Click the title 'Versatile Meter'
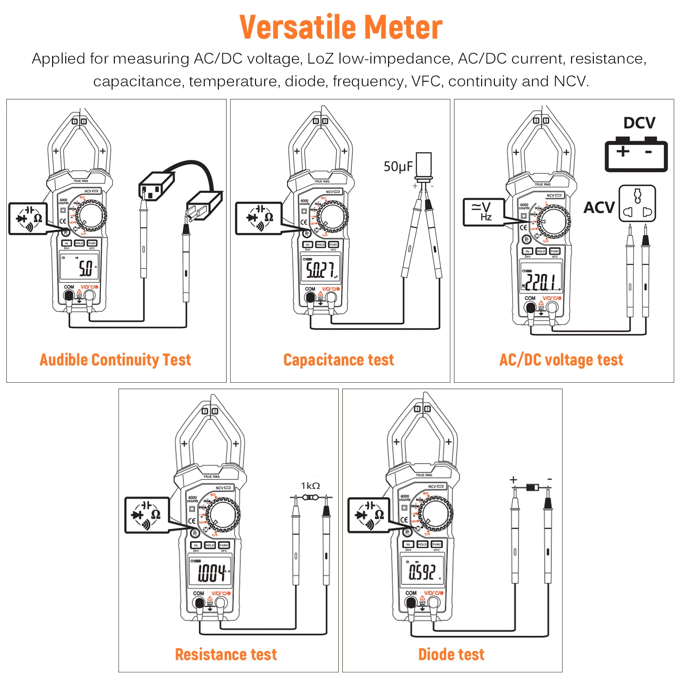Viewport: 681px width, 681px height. click(340, 27)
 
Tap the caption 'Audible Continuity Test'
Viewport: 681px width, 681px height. click(115, 360)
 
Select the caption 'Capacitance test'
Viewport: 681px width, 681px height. click(339, 360)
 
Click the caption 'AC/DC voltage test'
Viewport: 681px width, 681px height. click(561, 360)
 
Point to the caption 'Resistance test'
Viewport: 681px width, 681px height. click(226, 654)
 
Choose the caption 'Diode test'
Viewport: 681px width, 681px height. click(451, 654)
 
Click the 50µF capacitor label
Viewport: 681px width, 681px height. click(398, 167)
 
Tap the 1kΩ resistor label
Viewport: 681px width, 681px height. click(311, 486)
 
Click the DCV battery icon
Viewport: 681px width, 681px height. click(636, 154)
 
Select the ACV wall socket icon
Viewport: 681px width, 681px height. click(637, 203)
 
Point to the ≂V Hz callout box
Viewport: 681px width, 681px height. click(484, 212)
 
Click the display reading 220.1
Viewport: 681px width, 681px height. click(541, 281)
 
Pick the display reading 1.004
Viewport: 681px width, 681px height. click(211, 573)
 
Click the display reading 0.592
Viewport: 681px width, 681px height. click(422, 572)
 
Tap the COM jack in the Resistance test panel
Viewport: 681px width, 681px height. click(199, 603)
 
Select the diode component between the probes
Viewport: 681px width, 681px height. click(532, 488)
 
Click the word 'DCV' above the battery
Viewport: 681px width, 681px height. click(639, 123)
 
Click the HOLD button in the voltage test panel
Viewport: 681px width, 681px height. click(541, 251)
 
